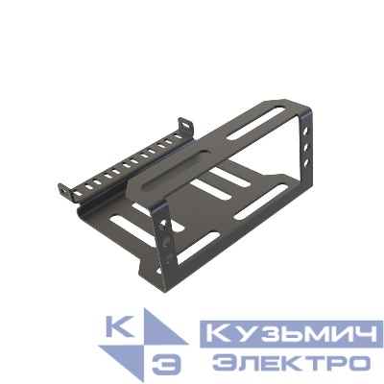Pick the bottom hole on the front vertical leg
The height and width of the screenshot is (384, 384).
(x=169, y=259)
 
